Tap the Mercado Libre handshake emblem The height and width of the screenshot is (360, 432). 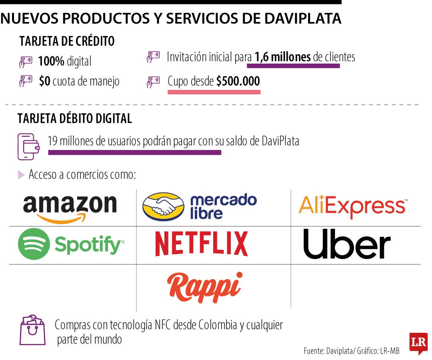(x=164, y=207)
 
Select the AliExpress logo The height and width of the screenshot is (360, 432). (x=353, y=206)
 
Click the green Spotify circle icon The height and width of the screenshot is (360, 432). (x=34, y=244)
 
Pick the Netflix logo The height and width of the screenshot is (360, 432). (x=201, y=244)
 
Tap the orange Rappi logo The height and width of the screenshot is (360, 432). (x=205, y=286)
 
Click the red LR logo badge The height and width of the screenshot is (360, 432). (x=418, y=343)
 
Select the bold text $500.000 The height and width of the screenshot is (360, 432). (x=238, y=81)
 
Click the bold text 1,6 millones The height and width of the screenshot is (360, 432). (x=282, y=57)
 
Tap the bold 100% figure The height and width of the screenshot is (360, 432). (x=51, y=62)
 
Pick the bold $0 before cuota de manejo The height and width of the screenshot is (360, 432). (x=44, y=82)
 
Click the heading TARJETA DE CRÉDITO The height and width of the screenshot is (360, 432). (x=67, y=41)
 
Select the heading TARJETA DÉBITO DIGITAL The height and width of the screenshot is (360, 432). (x=75, y=118)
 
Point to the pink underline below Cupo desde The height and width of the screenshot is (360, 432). (x=214, y=92)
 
